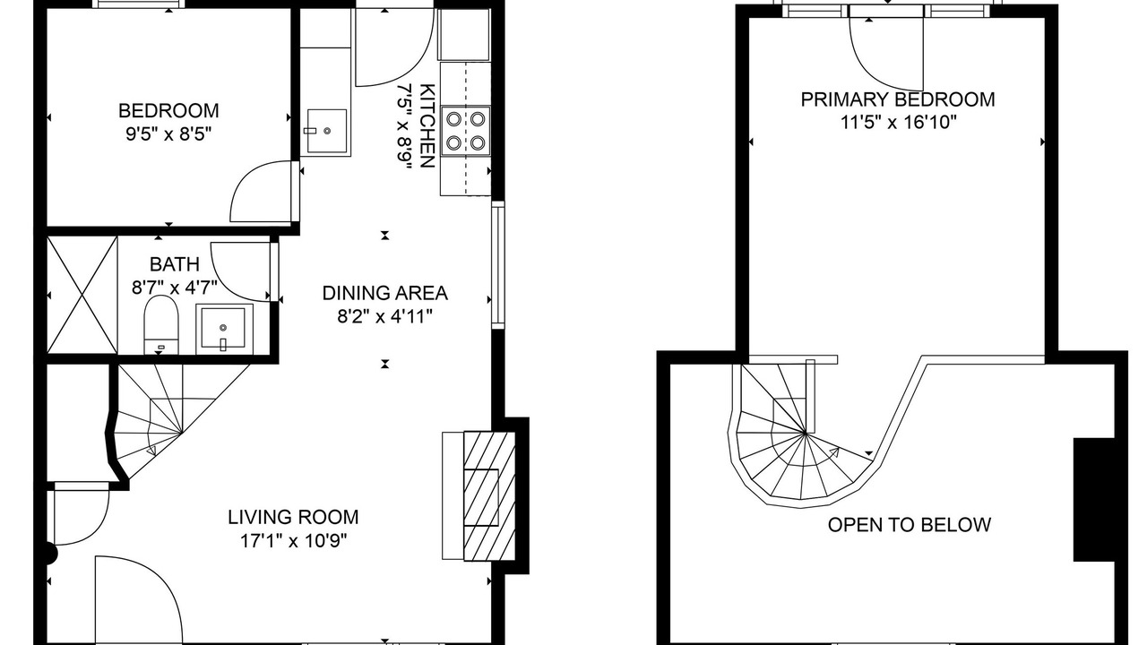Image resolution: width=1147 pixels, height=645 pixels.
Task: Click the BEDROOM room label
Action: click(x=168, y=110)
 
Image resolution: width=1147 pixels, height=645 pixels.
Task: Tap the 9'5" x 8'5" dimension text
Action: click(x=168, y=134)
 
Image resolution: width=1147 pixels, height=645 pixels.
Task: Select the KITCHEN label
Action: click(x=427, y=126)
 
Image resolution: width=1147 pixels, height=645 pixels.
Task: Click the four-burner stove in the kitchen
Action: click(x=465, y=131)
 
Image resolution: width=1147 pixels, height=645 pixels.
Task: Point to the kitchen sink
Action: click(x=325, y=131)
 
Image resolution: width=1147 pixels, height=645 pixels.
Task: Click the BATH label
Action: click(x=174, y=264)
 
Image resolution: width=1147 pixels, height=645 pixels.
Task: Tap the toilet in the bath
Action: click(x=160, y=324)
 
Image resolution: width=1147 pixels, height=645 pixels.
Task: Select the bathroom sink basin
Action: click(x=224, y=329)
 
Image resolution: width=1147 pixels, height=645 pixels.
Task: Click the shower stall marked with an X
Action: click(x=82, y=295)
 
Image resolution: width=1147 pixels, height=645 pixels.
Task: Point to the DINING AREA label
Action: click(x=385, y=293)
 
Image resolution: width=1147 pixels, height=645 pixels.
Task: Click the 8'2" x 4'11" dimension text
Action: click(x=385, y=317)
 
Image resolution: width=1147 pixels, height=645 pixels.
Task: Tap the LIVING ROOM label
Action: click(x=293, y=517)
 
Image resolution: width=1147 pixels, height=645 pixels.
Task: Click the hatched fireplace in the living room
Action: click(x=489, y=496)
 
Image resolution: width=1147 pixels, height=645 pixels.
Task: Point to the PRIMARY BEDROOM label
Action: click(x=898, y=99)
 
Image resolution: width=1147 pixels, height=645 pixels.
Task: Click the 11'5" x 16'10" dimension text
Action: click(x=898, y=123)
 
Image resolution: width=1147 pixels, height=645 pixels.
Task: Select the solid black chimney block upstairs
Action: click(x=1094, y=500)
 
